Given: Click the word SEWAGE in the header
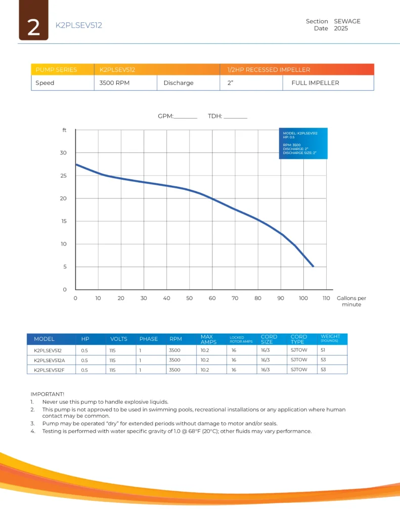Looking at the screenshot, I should [347, 21].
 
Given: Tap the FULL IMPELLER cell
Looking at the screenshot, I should [315, 83].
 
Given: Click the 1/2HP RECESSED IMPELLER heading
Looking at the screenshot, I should [269, 70].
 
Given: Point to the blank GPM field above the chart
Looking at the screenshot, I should [185, 117].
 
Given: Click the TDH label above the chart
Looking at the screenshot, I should [215, 116].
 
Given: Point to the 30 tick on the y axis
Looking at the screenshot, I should [64, 153].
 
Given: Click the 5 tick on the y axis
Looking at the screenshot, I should [65, 267].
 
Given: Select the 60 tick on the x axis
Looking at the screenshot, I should [212, 298].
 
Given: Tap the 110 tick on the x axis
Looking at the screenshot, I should [326, 298].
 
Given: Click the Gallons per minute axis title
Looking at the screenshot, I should [351, 301].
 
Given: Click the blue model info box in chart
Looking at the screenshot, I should [303, 143].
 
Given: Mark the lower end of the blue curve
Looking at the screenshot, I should [313, 266].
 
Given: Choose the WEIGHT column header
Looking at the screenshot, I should [330, 338].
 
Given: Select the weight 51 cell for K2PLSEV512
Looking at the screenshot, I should [323, 349].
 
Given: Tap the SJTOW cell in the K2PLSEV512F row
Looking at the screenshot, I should [299, 370].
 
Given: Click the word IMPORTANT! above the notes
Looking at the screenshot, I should [48, 394].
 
